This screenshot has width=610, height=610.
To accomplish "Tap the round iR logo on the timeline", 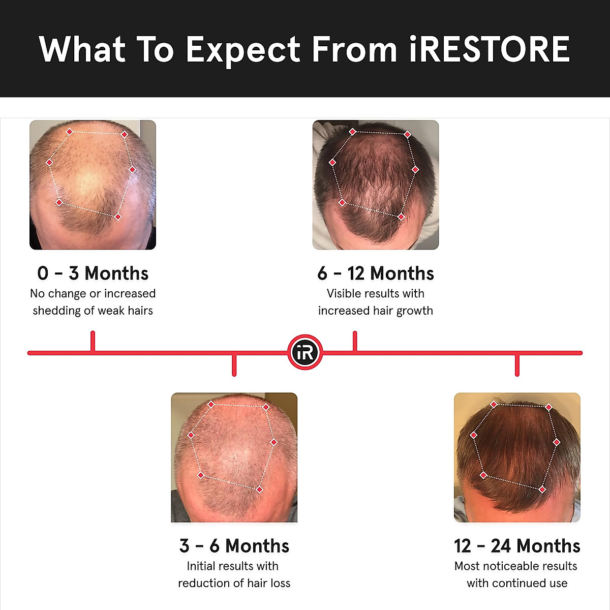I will point(305,352).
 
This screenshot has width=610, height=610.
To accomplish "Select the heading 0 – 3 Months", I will point(93,273).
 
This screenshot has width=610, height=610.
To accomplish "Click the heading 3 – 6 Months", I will point(234,546).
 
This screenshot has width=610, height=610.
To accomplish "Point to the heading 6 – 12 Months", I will point(376,273).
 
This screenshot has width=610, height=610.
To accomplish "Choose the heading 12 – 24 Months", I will point(517,546).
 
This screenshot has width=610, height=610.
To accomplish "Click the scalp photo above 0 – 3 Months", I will point(93,185).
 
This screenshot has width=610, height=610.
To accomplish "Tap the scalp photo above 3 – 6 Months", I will point(234,457).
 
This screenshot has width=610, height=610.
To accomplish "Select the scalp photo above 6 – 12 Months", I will point(376,185).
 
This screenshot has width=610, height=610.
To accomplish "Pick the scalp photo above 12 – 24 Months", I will point(517,457).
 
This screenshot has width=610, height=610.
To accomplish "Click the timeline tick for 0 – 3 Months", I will point(93,341).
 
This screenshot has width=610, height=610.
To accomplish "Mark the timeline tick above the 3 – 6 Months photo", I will point(234,365).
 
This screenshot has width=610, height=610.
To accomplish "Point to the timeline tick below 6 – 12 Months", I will point(355,341).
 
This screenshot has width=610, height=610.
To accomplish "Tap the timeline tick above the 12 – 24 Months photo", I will point(517,365).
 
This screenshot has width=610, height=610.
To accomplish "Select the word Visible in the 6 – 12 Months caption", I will point(344,293).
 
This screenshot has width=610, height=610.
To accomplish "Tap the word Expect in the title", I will point(243,50).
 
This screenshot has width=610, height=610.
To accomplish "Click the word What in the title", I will point(82,49).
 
